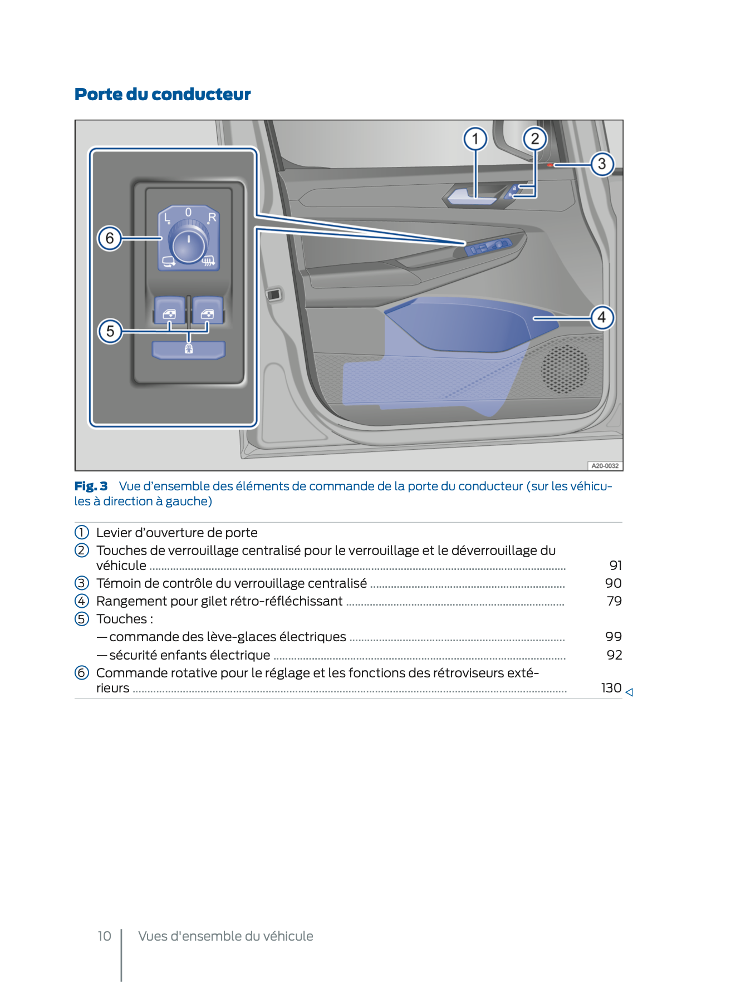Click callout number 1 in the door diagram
(475, 139)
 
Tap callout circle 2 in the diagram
(534, 139)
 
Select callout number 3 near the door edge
(602, 164)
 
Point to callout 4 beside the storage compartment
(602, 318)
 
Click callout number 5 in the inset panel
(110, 331)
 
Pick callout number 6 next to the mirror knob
(110, 238)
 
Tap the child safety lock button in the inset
(189, 350)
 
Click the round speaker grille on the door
(565, 368)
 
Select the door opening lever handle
(470, 196)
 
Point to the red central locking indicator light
(550, 165)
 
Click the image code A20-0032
(605, 465)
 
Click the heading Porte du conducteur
(163, 95)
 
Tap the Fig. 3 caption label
(91, 486)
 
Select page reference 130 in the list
(611, 688)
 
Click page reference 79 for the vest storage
(614, 601)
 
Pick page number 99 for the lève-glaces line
(614, 637)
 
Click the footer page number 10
(104, 936)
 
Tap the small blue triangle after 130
(629, 692)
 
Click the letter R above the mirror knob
(212, 217)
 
